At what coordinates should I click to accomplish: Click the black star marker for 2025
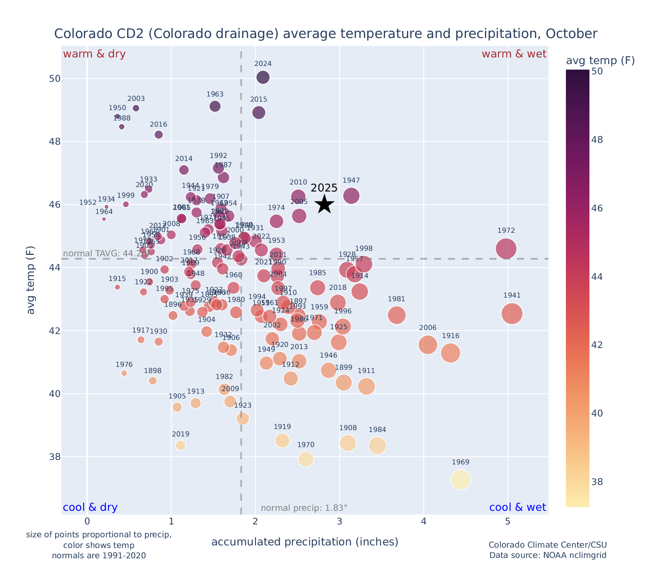324,204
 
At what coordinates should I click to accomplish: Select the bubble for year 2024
263,77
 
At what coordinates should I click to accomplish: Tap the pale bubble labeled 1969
460,480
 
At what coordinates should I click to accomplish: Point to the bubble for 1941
512,314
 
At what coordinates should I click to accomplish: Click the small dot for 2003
136,108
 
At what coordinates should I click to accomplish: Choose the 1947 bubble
351,196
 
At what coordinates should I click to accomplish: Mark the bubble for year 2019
180,445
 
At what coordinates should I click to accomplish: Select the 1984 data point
377,446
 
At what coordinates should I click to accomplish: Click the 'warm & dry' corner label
94,54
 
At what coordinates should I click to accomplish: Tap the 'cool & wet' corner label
517,507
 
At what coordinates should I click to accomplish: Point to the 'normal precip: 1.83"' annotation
304,508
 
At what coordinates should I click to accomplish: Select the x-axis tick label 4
424,521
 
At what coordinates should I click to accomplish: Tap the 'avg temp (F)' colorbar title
600,60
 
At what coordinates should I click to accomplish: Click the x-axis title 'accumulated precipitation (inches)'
305,542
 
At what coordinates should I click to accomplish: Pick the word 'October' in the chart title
571,34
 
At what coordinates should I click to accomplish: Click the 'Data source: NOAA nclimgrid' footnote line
548,555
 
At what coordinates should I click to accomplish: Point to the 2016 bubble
159,135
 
